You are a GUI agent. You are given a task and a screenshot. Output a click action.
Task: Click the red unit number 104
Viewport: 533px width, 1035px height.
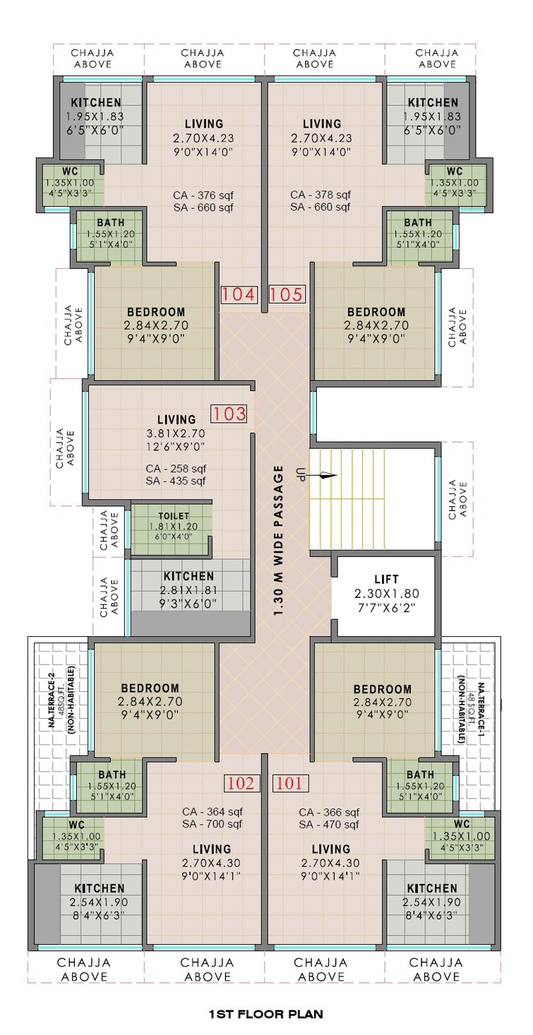click(239, 294)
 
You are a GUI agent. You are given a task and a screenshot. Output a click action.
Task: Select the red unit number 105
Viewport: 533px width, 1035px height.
click(287, 294)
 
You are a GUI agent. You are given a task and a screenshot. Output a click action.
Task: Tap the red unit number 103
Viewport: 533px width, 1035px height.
click(229, 414)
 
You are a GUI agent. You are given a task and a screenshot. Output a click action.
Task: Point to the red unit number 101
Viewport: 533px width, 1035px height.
click(289, 783)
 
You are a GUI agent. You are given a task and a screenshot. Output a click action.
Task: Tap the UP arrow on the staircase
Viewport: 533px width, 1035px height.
click(324, 476)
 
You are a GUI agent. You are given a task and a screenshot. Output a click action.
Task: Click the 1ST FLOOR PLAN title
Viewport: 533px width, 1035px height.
click(265, 1015)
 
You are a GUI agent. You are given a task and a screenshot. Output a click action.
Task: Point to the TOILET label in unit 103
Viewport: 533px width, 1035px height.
click(174, 516)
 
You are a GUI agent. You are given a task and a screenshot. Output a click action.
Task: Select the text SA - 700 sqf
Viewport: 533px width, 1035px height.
click(212, 824)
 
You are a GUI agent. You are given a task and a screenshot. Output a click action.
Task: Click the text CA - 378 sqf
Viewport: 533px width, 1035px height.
click(321, 194)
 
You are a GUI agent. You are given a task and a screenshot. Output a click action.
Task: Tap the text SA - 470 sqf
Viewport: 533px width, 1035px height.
click(329, 824)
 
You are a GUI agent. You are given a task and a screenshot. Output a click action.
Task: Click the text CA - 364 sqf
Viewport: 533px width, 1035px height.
click(212, 811)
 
